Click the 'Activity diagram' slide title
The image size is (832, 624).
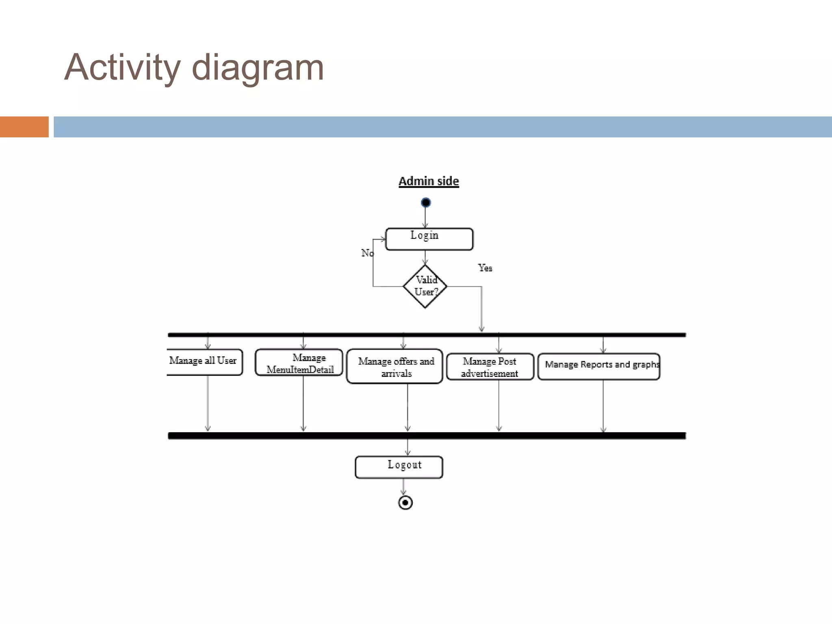pos(194,67)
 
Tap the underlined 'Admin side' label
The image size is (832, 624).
pos(429,181)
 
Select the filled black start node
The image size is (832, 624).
pos(426,202)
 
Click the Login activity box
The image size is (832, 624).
pos(429,239)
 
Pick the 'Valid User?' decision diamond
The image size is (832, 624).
pos(425,286)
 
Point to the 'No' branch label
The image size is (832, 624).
pos(367,253)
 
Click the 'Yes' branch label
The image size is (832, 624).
pos(485,268)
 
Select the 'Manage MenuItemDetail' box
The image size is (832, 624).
pos(299,363)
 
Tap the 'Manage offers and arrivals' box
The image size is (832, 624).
pos(394,366)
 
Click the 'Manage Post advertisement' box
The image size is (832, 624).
pos(490,367)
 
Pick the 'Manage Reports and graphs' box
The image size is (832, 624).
pos(599,366)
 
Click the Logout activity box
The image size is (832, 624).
pos(399,467)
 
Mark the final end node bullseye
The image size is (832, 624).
pos(405,503)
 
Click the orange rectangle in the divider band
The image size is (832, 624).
pos(24,127)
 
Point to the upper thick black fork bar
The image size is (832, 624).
pos(427,335)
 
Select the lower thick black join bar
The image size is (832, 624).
pos(427,435)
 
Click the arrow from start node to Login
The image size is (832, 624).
pos(425,218)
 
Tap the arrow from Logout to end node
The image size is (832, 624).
pos(403,487)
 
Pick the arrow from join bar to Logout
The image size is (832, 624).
pos(408,447)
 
